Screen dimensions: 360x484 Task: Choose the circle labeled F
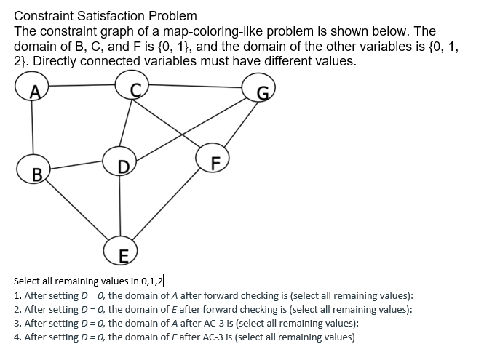tap(212, 159)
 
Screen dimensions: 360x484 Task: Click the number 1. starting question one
tap(17, 296)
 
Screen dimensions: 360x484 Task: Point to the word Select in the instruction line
tap(28, 281)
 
